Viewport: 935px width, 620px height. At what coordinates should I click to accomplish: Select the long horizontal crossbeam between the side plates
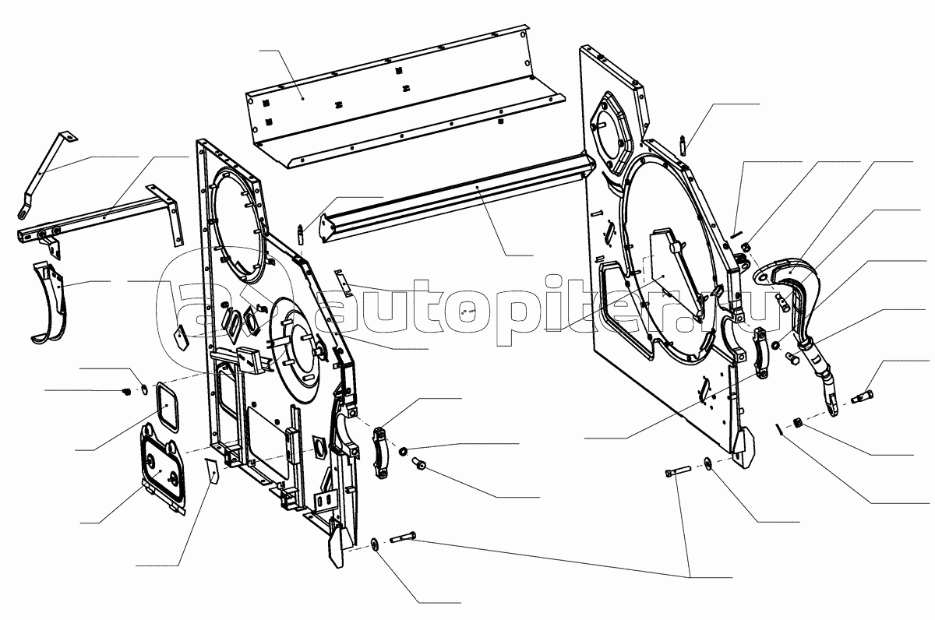(455, 198)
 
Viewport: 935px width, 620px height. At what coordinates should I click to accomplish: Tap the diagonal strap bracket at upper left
(47, 174)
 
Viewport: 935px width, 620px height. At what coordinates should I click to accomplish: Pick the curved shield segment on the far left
(49, 302)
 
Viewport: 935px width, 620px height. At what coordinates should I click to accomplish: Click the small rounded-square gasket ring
(167, 406)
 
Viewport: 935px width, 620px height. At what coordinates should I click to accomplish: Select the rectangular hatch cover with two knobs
(162, 468)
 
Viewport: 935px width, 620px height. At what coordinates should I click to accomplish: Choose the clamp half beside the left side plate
(381, 453)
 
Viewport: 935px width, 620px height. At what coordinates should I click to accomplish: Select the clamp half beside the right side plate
(760, 353)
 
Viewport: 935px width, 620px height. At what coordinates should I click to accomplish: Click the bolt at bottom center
(403, 537)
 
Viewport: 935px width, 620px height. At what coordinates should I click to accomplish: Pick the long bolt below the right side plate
(677, 472)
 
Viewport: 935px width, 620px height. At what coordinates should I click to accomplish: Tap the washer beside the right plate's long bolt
(708, 463)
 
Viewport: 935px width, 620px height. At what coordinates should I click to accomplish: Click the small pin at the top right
(683, 145)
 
